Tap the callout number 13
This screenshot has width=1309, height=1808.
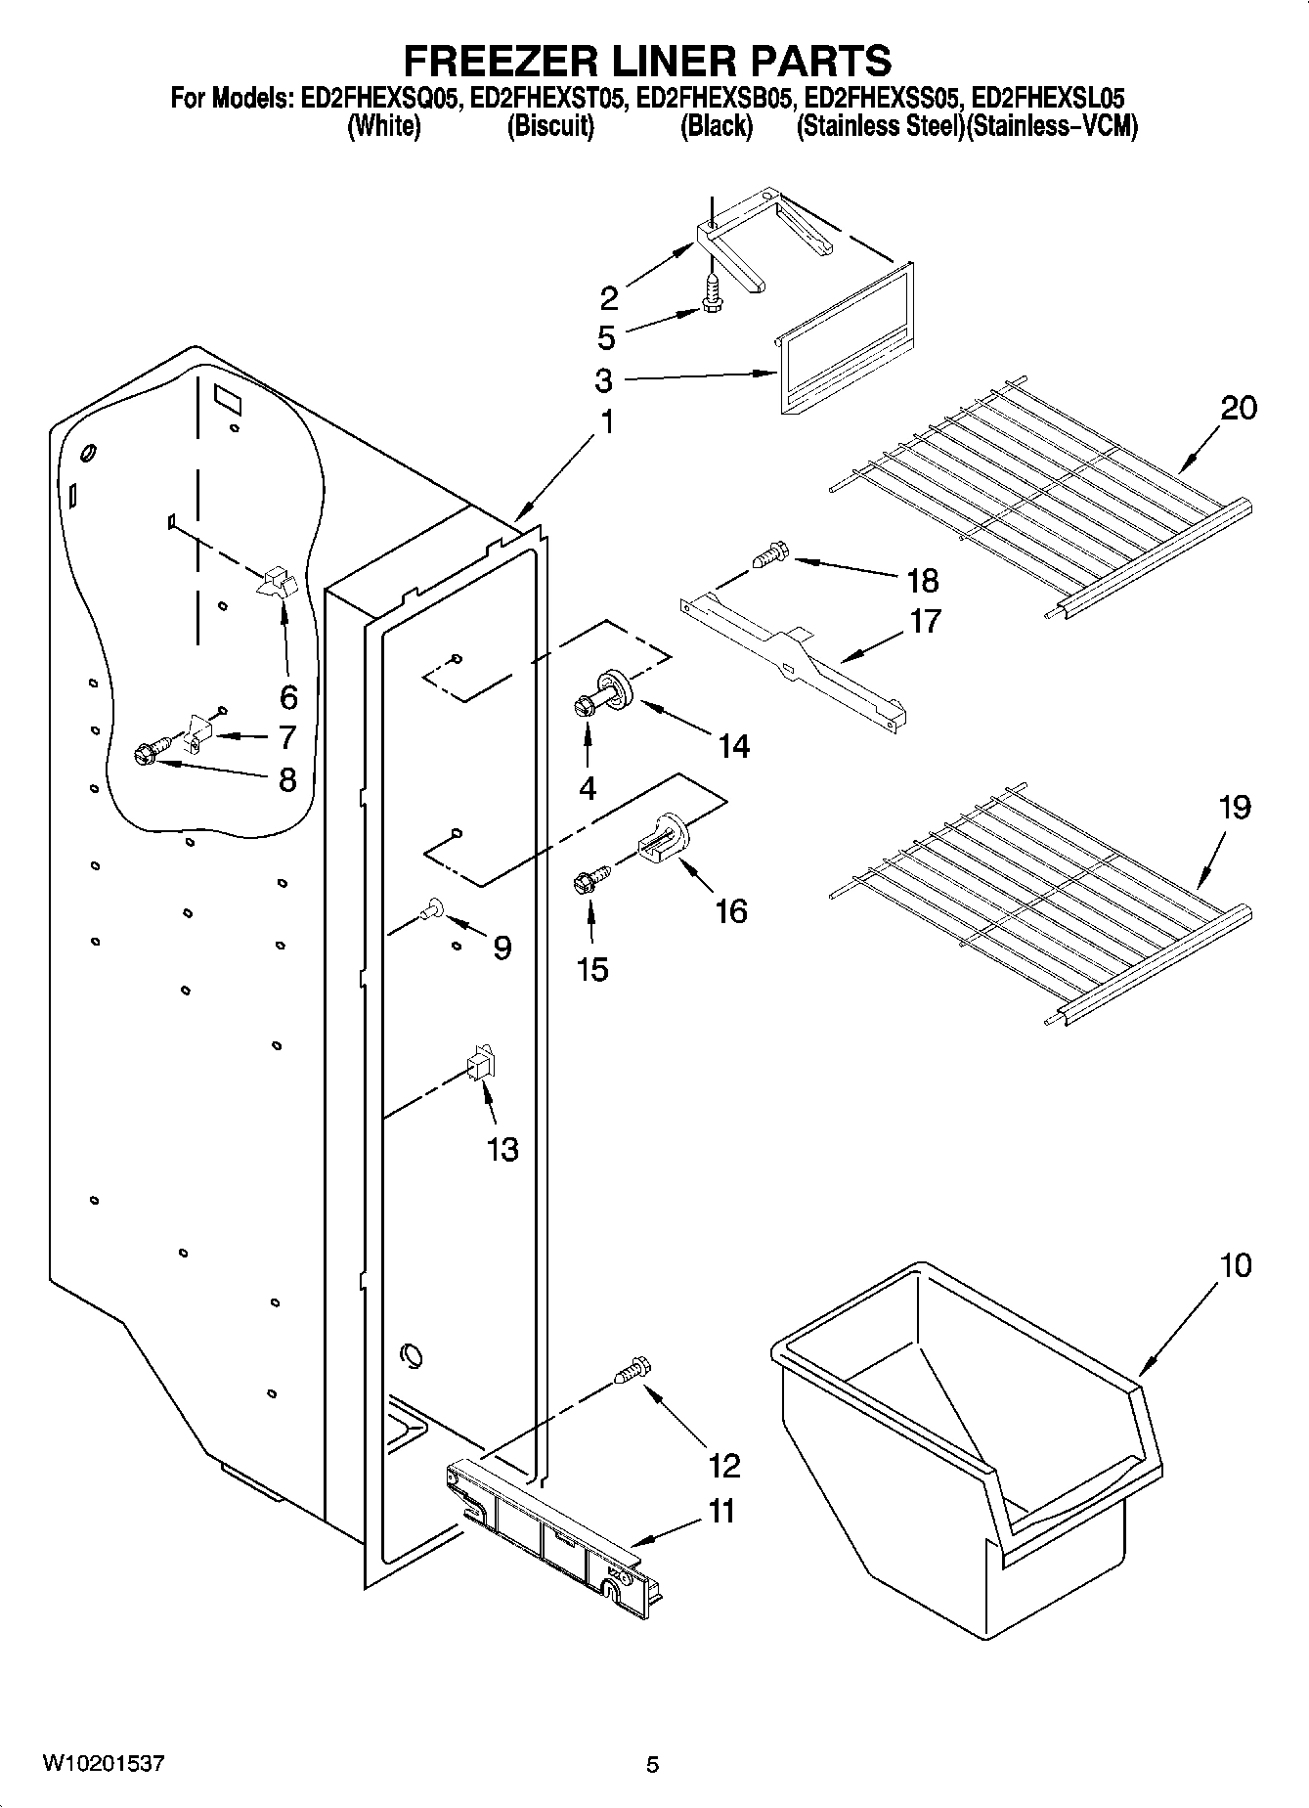coord(502,1149)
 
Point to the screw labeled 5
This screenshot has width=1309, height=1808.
coord(712,294)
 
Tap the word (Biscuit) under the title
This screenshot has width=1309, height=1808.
coord(549,126)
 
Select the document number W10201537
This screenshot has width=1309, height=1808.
coord(103,1764)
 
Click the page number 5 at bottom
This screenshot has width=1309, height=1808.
coord(653,1765)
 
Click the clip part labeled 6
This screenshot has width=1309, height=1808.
coord(277,583)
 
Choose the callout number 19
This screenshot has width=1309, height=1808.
coord(1235,808)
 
